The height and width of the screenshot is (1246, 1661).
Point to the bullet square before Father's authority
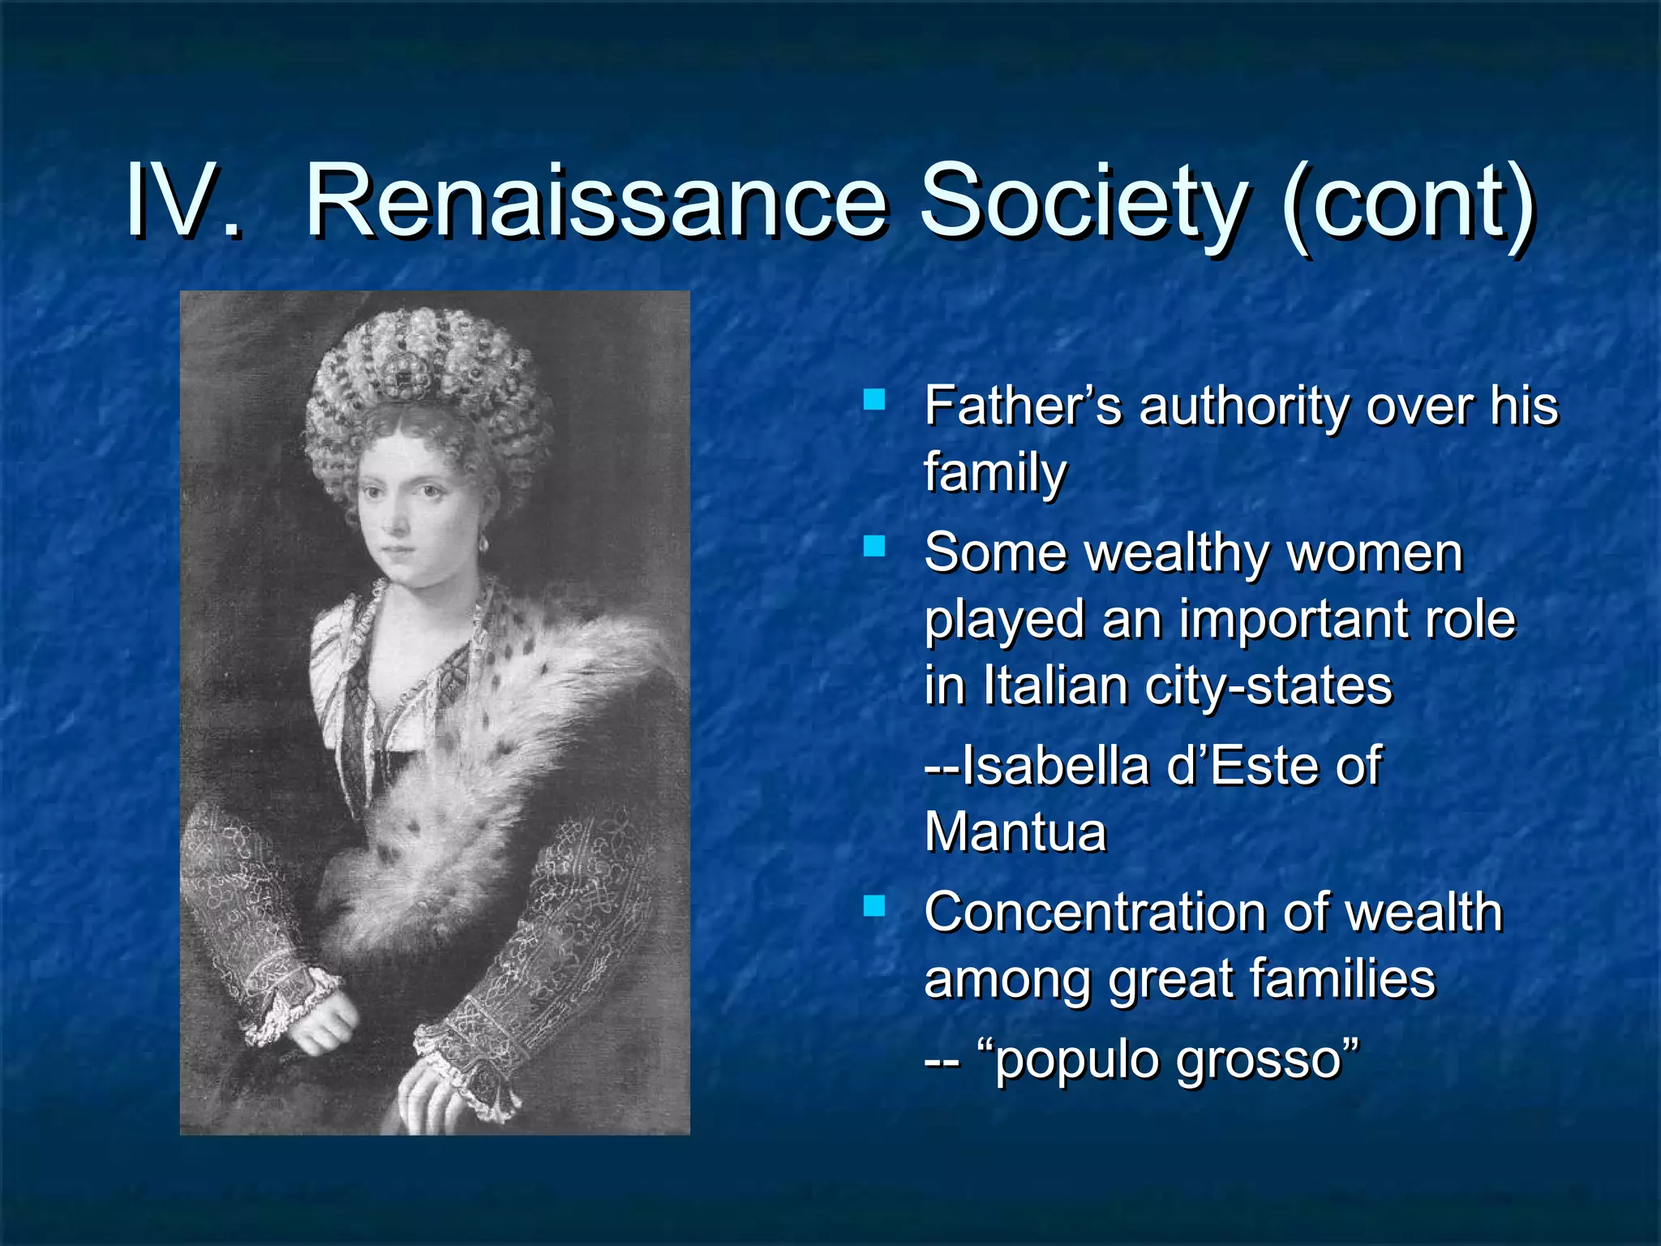click(873, 399)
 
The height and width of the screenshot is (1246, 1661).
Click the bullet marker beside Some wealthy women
click(873, 546)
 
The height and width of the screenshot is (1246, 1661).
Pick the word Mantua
click(1015, 832)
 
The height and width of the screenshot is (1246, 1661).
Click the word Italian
click(1055, 686)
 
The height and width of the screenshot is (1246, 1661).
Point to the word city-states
click(1268, 688)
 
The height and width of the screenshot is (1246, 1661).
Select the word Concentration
click(1094, 913)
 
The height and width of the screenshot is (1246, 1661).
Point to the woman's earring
click(484, 541)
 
